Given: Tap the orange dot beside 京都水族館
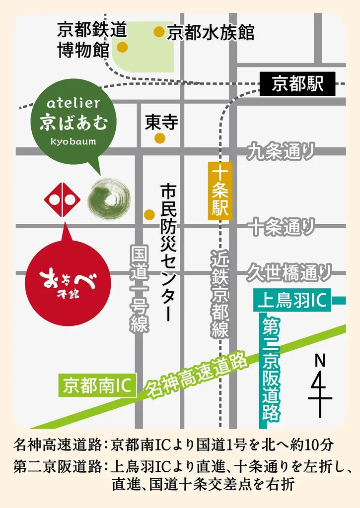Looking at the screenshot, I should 159,32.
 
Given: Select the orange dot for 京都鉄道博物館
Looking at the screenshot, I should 122,48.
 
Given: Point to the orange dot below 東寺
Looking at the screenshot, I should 159,138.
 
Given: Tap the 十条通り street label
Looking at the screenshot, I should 282,227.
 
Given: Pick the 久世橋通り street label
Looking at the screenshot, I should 289,271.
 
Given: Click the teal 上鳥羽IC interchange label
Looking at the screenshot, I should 292,301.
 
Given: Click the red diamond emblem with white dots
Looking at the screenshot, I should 62,199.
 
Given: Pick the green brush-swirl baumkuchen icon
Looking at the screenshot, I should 109,199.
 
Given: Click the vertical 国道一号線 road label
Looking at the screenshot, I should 140,290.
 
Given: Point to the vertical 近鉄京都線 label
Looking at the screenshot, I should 219,295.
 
